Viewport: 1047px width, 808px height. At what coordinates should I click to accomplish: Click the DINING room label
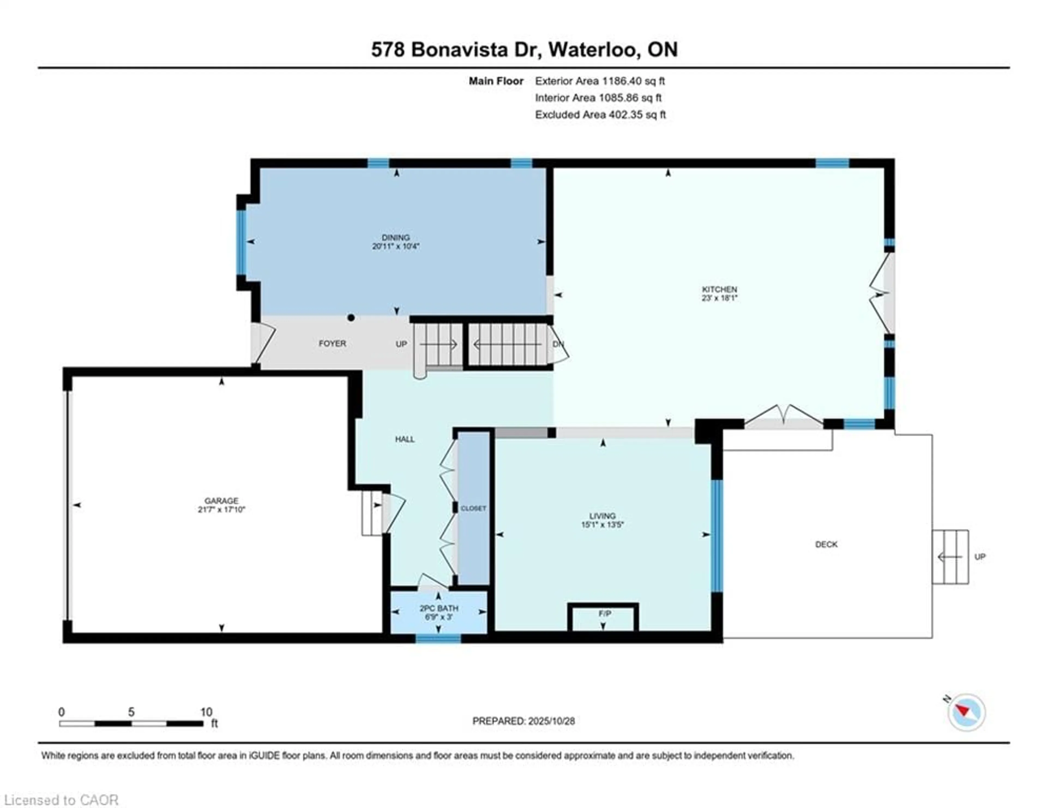click(396, 237)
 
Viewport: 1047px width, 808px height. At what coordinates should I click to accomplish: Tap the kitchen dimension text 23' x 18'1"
click(719, 298)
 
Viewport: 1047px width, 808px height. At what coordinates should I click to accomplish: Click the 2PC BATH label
click(439, 608)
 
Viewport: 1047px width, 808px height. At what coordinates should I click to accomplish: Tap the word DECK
click(826, 544)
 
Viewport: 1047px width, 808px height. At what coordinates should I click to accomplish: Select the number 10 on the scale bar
click(206, 712)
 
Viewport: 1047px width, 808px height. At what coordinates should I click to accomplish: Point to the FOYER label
click(332, 343)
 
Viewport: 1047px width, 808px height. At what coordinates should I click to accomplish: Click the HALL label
click(405, 439)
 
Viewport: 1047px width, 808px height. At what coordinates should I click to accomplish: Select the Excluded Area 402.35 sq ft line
click(600, 114)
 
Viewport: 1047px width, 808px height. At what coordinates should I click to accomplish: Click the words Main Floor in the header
click(496, 81)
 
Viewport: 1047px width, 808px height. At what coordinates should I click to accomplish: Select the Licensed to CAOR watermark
click(61, 800)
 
